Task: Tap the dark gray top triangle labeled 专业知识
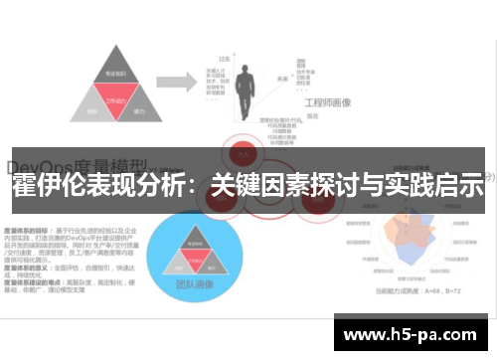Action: (x=118, y=76)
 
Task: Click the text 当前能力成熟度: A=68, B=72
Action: (x=418, y=290)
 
